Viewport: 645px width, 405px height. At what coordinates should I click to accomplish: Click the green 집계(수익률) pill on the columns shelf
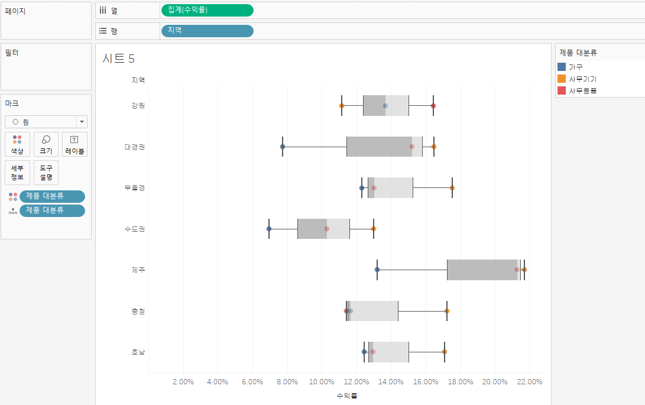pos(206,10)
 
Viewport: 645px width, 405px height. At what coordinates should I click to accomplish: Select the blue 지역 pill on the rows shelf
pos(206,31)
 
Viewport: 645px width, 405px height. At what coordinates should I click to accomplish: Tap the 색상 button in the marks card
pos(17,144)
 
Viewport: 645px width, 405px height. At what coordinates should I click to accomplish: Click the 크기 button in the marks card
pos(46,144)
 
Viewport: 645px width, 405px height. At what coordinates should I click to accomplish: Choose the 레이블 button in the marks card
pos(74,144)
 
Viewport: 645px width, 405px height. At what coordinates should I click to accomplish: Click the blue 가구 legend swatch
pos(562,67)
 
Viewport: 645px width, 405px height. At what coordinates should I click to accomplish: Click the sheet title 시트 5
pos(118,58)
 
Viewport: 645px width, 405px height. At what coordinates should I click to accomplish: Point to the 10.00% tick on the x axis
pos(322,381)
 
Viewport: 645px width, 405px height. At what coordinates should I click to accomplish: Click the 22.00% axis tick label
pos(530,381)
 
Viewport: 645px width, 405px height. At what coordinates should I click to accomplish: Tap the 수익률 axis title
pos(347,395)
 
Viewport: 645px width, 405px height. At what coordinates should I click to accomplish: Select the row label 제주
pos(138,270)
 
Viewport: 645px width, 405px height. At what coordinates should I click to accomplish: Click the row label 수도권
pos(135,229)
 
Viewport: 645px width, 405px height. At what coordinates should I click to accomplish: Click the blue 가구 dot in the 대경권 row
pos(283,147)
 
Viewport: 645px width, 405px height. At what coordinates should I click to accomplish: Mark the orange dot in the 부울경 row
pos(452,188)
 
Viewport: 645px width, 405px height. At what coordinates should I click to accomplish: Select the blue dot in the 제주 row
pos(377,270)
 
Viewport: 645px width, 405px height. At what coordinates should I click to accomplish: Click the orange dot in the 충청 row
pos(447,311)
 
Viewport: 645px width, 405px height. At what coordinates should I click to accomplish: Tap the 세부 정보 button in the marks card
pos(17,173)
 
